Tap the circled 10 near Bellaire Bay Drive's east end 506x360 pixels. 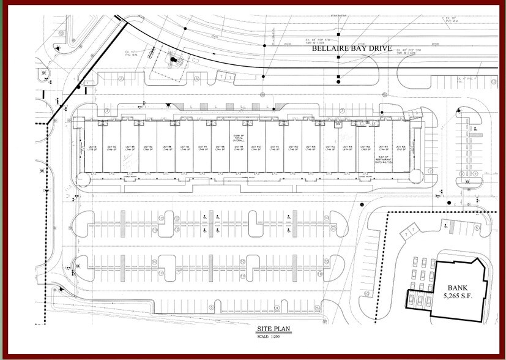[x=493, y=80]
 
